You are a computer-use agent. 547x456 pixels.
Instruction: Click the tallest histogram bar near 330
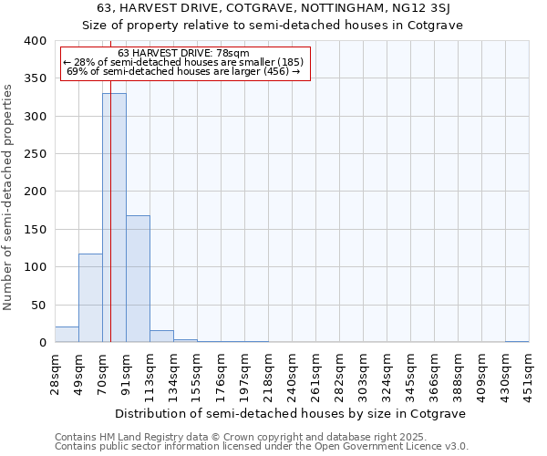114,219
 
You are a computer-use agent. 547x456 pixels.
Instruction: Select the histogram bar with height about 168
138,279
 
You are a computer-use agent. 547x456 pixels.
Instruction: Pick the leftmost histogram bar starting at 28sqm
67,335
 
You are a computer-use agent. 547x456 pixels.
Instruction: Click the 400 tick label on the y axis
36,41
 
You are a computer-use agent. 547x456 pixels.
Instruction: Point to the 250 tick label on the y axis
36,154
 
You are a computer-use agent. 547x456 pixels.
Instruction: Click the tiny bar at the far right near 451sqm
517,341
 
